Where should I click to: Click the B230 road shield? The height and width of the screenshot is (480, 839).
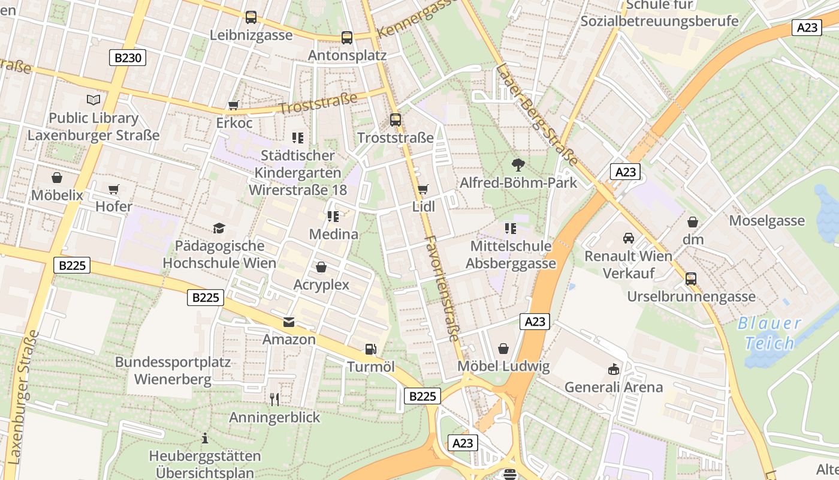click(x=128, y=58)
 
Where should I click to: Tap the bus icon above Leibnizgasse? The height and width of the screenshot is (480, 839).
click(x=251, y=17)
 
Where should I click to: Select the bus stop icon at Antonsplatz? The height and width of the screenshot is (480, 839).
click(x=346, y=38)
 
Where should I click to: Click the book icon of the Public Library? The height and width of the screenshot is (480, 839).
click(x=93, y=100)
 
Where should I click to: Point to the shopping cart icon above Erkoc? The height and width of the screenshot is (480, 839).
click(x=234, y=106)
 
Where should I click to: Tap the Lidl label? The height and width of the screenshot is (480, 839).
click(x=424, y=206)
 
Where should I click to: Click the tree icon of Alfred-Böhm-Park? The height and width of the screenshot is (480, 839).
click(x=518, y=164)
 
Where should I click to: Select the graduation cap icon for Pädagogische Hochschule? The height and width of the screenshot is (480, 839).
click(x=219, y=228)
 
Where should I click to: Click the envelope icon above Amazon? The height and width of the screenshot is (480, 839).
click(x=289, y=322)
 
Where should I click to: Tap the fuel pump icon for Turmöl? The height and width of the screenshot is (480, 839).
click(x=371, y=349)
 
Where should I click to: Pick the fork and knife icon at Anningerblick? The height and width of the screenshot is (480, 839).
click(x=274, y=399)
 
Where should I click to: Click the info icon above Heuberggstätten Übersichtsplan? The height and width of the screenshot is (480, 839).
click(x=205, y=438)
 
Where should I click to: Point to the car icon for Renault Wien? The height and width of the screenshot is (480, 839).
click(x=628, y=238)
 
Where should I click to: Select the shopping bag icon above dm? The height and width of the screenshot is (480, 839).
click(x=693, y=222)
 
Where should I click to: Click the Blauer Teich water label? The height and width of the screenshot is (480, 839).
click(x=769, y=333)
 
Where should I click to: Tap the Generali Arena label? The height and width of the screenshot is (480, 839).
click(x=614, y=387)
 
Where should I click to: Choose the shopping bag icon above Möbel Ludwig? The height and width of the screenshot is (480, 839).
click(x=503, y=349)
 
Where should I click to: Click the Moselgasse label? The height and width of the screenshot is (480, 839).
click(x=766, y=221)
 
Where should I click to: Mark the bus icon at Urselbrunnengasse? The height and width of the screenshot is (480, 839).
click(x=691, y=279)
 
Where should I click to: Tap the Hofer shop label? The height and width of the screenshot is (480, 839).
click(x=114, y=206)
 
